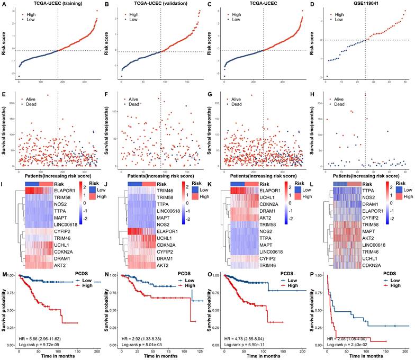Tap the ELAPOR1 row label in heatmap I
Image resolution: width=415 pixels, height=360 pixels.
click(64, 190)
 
